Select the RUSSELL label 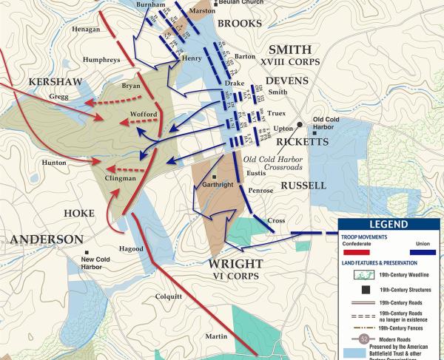[x=303, y=186]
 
